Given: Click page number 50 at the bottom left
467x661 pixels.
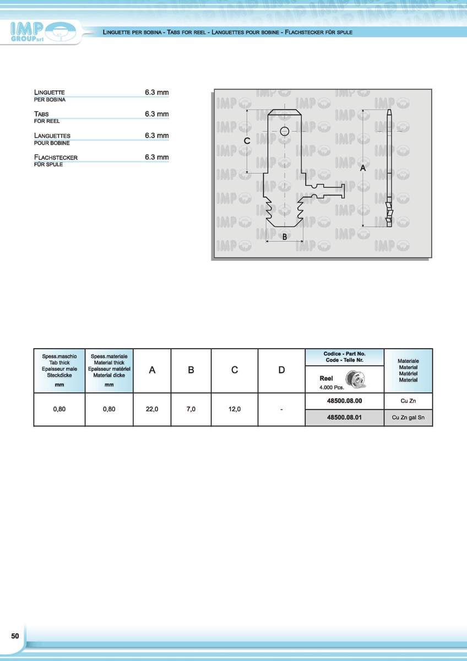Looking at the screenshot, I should tap(15, 636).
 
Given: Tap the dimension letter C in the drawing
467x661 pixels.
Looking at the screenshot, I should tap(247, 141).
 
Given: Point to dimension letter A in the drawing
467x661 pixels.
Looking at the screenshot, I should tap(363, 169).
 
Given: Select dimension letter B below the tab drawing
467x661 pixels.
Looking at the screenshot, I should tap(285, 237).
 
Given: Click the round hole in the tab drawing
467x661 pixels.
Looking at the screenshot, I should tap(284, 131).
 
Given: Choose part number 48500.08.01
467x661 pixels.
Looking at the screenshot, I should tap(344, 418).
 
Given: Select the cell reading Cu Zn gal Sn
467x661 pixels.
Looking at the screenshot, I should tap(408, 418).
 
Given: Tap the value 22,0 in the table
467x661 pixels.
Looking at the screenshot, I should tap(152, 409).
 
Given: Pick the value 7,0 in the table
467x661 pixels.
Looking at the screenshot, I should tap(191, 409).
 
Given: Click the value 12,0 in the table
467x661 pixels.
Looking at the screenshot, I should tap(234, 409).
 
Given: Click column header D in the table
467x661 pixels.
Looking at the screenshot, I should tap(281, 370).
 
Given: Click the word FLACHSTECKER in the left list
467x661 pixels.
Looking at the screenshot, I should tap(56, 158).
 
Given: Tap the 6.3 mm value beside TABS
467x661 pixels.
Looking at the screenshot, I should tap(156, 114).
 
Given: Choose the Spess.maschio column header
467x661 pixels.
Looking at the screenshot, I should tap(59, 356).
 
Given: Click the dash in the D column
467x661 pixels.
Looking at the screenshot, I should tap(281, 409).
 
